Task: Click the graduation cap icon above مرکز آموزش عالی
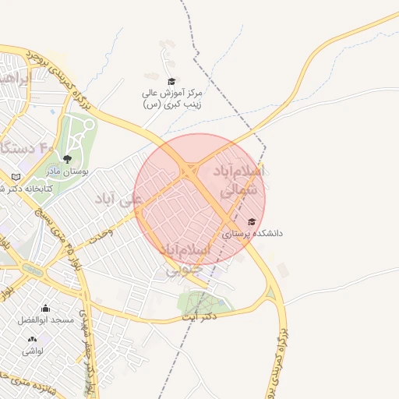pos(171,80)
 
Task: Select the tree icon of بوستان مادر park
pos(67,158)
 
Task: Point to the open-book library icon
pos(16,178)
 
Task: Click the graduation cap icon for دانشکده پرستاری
pos(251,221)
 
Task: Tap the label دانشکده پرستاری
pos(252,233)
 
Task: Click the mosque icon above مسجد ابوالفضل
pos(45,308)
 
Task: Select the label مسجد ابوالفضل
pos(45,320)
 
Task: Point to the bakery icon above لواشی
pos(32,339)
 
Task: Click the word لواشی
pos(32,351)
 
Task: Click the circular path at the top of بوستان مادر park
pos(88,124)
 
